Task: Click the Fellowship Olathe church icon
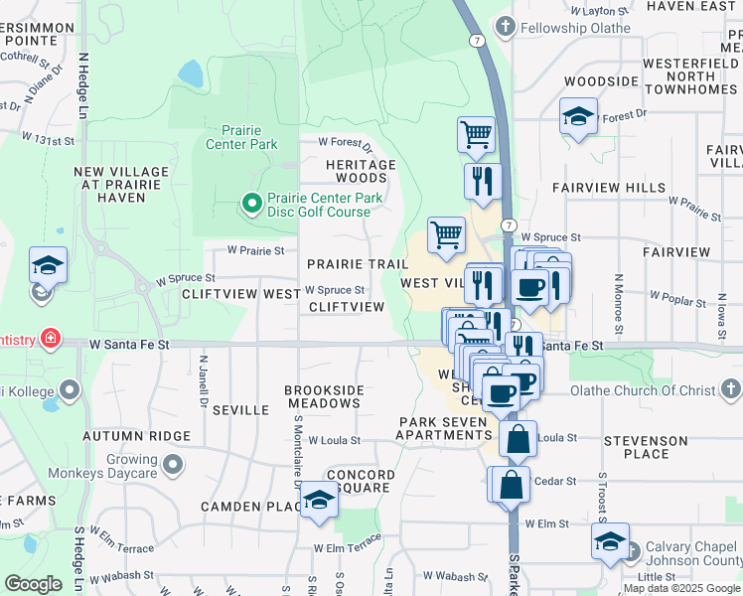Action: [x=507, y=27]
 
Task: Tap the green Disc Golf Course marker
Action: [x=251, y=205]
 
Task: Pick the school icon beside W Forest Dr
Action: [x=577, y=117]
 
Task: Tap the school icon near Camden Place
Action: [x=320, y=500]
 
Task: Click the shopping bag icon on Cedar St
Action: [x=510, y=485]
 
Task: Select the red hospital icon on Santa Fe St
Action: [x=47, y=340]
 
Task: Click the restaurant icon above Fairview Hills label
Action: [x=483, y=181]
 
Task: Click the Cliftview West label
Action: [x=241, y=295]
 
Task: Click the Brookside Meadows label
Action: [x=323, y=397]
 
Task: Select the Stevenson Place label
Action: [x=650, y=447]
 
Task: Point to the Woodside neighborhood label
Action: [x=600, y=80]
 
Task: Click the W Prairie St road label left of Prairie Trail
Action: [x=255, y=251]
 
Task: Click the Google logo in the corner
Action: [x=33, y=583]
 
